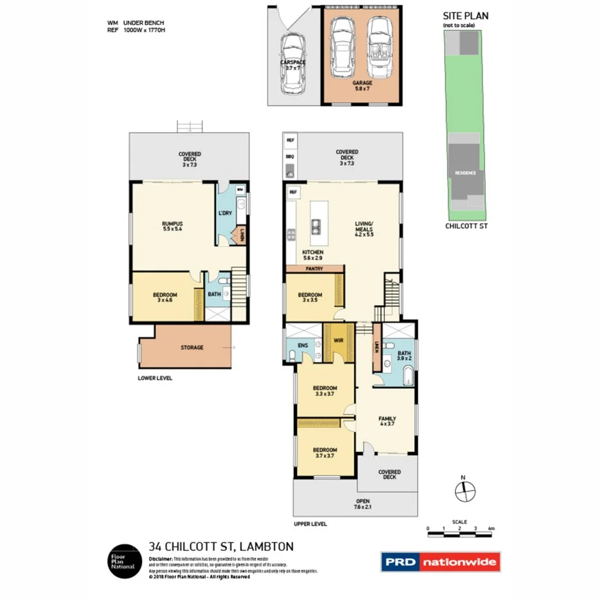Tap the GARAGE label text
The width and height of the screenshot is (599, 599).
[x=362, y=83]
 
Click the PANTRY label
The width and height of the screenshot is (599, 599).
[x=314, y=269]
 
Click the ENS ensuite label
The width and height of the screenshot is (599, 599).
[x=302, y=345]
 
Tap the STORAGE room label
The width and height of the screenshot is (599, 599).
[x=192, y=348]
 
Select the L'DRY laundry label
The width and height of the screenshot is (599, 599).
[x=224, y=213]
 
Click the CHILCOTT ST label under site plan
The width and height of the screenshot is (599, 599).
[x=466, y=226]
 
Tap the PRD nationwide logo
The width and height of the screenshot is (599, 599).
[x=440, y=562]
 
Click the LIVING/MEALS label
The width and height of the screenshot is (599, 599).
[x=364, y=229]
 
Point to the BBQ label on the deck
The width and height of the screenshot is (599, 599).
[x=291, y=156]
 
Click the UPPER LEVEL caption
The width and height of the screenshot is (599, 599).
[x=310, y=524]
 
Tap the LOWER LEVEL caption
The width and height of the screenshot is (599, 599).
[x=155, y=378]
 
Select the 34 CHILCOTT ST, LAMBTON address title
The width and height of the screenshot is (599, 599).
[x=221, y=547]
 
